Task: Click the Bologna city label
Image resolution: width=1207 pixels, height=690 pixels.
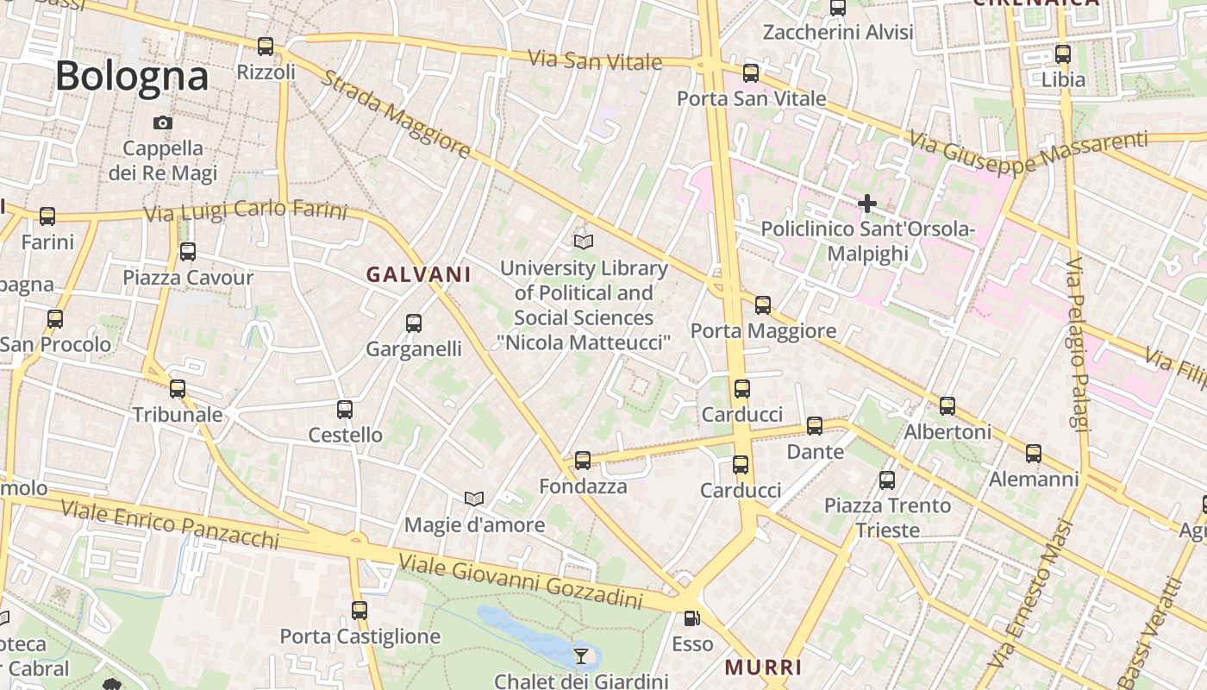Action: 132,77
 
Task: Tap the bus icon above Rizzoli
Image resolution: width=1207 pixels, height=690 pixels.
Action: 266,47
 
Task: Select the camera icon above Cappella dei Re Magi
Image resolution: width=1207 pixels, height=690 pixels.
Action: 162,123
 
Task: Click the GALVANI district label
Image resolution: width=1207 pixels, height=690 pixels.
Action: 419,274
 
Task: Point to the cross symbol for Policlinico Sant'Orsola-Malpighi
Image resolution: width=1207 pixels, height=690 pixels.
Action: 866,204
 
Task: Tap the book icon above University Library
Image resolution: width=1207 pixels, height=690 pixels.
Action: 584,242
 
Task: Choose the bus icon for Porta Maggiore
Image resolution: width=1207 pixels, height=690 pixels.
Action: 762,304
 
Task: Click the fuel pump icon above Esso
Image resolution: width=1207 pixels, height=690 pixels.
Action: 691,618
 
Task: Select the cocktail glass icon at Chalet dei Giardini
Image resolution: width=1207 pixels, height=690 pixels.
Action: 581,656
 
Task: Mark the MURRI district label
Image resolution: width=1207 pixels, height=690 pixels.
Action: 764,667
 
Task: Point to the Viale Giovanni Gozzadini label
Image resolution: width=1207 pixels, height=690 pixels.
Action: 520,580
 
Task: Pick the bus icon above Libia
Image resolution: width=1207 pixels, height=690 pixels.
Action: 1062,53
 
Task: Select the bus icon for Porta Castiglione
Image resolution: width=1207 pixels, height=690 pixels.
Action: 360,611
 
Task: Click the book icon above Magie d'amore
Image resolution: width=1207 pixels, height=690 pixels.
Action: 473,499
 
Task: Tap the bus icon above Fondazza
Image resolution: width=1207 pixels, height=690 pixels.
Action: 583,461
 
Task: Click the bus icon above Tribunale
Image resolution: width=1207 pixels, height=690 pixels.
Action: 178,389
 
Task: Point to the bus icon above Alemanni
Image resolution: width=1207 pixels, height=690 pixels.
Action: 1033,453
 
